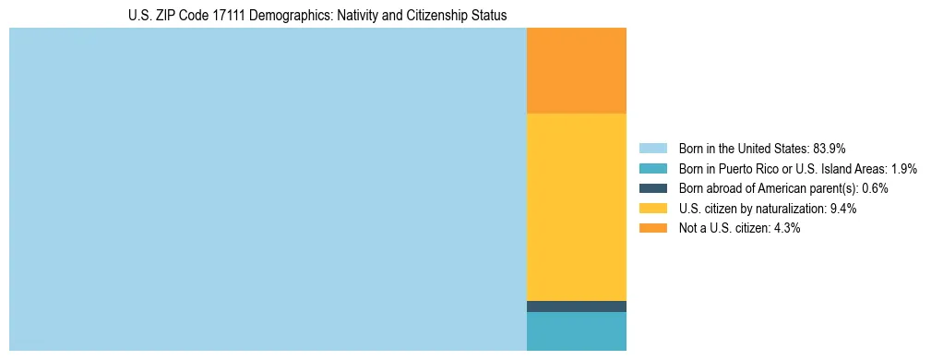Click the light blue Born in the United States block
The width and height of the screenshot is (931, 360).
tap(268, 189)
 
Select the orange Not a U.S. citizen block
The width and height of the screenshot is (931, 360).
tap(576, 70)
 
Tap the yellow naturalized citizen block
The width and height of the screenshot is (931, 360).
tap(576, 207)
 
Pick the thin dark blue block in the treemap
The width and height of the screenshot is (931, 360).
tap(576, 306)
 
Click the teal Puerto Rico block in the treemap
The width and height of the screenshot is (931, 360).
tap(576, 331)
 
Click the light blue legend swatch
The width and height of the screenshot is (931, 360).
tap(652, 149)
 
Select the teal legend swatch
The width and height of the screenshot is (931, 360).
tap(652, 169)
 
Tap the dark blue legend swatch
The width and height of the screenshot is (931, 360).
tap(652, 188)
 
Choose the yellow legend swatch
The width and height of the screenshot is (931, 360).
tap(652, 209)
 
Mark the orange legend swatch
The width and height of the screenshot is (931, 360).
tap(652, 228)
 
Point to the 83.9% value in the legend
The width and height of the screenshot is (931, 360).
tap(830, 149)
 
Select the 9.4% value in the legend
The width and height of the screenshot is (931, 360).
tap(843, 209)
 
